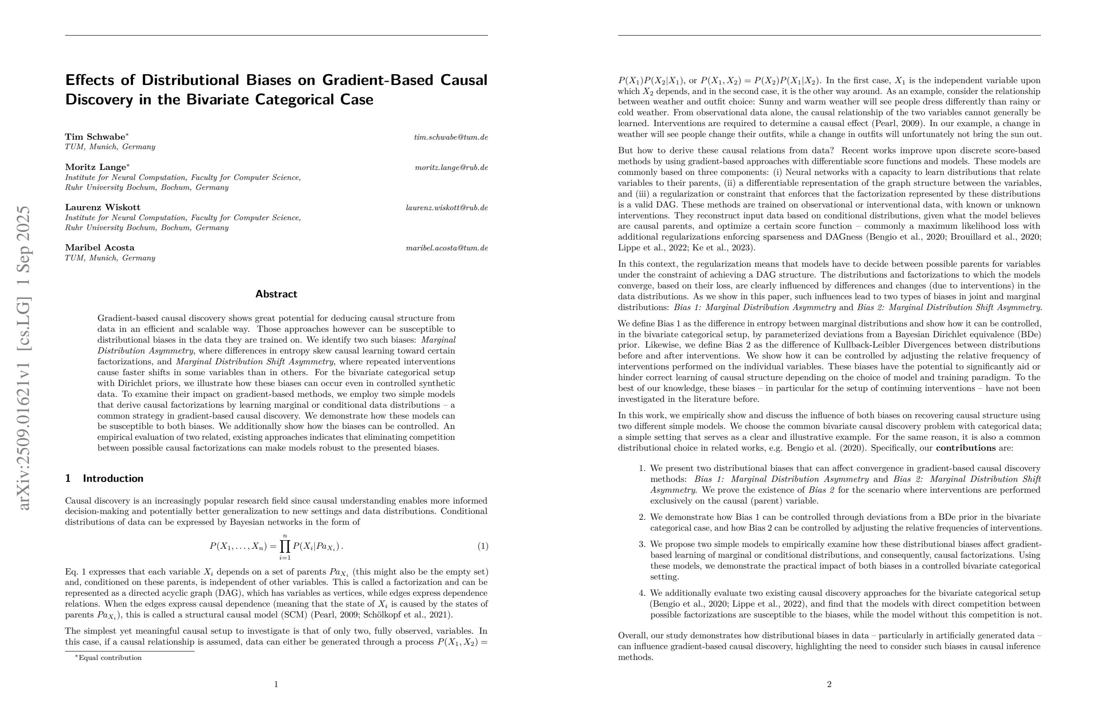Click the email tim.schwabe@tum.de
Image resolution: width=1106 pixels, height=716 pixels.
[x=450, y=137]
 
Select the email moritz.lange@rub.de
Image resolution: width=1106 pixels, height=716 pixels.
[x=451, y=167]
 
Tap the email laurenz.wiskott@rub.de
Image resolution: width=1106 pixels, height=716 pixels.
[x=446, y=208]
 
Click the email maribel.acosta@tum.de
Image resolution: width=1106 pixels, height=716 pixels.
[x=446, y=248]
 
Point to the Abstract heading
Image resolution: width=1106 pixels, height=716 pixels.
[x=276, y=294]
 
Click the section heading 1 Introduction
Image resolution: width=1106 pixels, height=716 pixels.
[x=104, y=478]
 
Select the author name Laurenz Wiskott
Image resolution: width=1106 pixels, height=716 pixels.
[x=102, y=207]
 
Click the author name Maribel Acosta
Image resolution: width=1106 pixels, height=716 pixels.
[x=99, y=247]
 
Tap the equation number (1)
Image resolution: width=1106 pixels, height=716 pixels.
[x=483, y=546]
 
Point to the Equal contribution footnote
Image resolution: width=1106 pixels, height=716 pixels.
[x=110, y=658]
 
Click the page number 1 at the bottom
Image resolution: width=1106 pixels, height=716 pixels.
[x=276, y=684]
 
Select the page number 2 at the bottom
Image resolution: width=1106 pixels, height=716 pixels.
[x=829, y=684]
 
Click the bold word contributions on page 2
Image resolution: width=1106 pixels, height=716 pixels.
[x=965, y=448]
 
